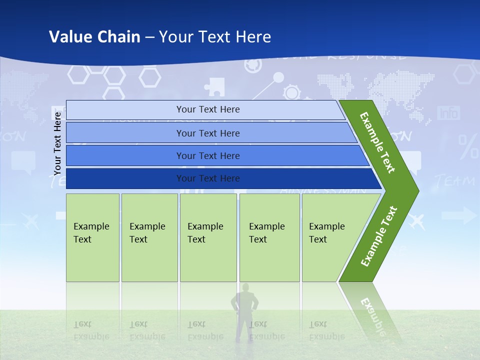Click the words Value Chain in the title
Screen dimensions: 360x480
point(94,37)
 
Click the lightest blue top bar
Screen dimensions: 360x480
point(207,109)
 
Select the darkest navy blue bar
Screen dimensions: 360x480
point(207,178)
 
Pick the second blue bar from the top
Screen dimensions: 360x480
point(207,133)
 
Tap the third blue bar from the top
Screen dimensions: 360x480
point(207,155)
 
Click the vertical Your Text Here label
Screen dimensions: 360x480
point(57,143)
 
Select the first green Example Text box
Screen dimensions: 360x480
point(92,237)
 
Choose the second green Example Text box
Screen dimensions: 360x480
point(149,237)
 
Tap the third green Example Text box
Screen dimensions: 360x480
point(208,237)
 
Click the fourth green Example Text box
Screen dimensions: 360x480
point(269,237)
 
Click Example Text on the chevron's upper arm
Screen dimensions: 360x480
point(378,142)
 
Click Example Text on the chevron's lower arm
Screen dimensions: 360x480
point(378,236)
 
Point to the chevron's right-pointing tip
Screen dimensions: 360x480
point(415,191)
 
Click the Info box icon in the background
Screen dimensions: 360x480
point(448,113)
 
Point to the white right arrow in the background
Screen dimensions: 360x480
point(459,215)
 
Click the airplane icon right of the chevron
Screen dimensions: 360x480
point(416,221)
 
